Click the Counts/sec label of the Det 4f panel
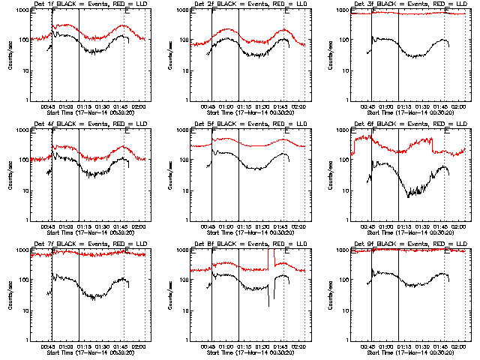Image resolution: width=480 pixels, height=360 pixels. pyautogui.click(x=9, y=176)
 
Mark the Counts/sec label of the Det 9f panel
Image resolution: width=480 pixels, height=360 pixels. pyautogui.click(x=329, y=296)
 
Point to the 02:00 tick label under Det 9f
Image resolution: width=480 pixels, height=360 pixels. pyautogui.click(x=459, y=346)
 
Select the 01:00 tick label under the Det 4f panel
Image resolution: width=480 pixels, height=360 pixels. pyautogui.click(x=66, y=226)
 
